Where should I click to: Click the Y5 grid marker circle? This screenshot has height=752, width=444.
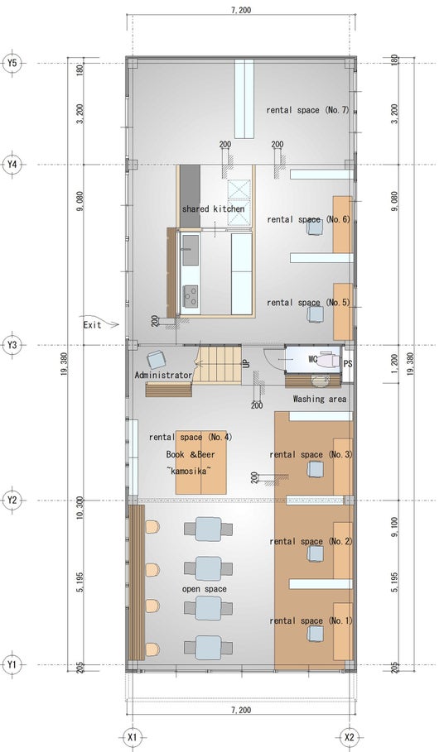[12, 63]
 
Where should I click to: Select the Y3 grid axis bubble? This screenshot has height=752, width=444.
[12, 345]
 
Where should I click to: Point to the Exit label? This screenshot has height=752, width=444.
[92, 324]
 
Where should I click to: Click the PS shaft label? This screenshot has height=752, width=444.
[348, 364]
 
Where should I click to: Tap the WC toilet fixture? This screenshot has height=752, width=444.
[329, 359]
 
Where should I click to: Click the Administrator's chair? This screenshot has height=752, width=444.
[156, 360]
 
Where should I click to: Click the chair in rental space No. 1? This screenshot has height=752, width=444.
[315, 634]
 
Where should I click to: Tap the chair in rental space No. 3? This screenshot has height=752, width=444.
[315, 469]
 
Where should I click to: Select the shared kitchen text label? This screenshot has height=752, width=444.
[213, 209]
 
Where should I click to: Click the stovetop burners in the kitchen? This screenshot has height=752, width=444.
[191, 295]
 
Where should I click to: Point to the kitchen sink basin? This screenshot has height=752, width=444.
[191, 250]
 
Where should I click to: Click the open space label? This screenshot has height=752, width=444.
[204, 589]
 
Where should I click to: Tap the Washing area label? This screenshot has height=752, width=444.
[319, 399]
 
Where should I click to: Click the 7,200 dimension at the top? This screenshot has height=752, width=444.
[240, 10]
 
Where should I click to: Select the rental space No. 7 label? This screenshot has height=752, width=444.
[307, 110]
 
